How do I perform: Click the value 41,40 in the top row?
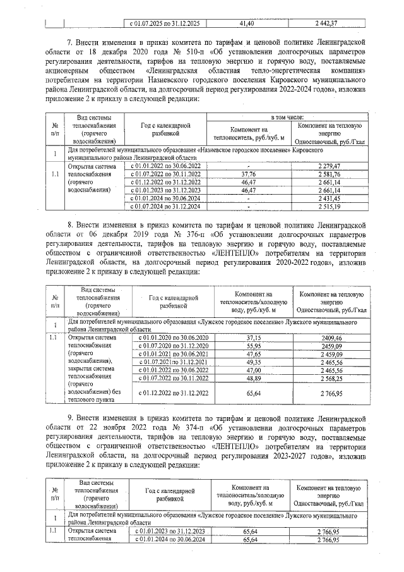(247, 23)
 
